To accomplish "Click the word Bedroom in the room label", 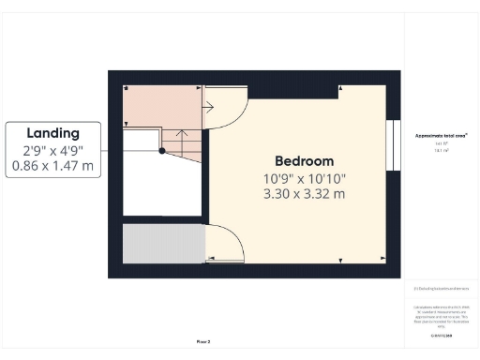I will point(305,160).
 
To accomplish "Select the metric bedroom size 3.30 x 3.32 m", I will point(305,194).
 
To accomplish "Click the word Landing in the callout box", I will point(52,133).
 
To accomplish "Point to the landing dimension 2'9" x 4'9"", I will point(52,150).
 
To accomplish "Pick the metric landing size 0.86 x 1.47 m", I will point(52,166).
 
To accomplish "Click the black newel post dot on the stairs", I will point(162,150).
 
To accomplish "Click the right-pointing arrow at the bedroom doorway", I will point(211,106).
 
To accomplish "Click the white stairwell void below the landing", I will point(161,187).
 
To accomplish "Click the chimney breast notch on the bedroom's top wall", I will point(316,89).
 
